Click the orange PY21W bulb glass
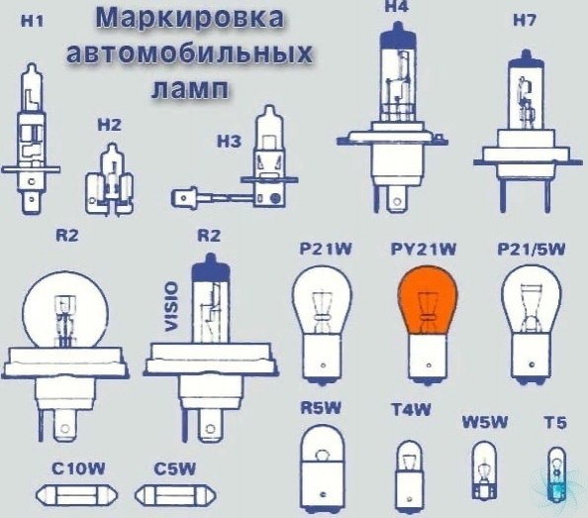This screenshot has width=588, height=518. (428, 299)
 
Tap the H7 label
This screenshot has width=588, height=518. (525, 20)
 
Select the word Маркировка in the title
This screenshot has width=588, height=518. (190, 18)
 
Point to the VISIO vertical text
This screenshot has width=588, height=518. (171, 307)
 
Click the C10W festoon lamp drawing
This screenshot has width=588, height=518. (76, 495)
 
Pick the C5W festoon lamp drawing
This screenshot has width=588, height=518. (175, 495)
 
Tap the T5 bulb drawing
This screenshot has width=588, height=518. (556, 474)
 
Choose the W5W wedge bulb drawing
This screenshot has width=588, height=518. (484, 470)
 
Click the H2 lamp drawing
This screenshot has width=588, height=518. (110, 179)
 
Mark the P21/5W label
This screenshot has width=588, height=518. (531, 250)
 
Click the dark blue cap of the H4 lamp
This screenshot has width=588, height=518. (398, 36)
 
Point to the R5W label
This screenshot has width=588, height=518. (321, 408)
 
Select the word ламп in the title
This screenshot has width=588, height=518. (189, 89)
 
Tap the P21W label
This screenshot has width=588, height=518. (326, 249)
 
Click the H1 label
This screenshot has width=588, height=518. (33, 22)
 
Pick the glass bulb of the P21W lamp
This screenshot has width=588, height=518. (322, 299)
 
